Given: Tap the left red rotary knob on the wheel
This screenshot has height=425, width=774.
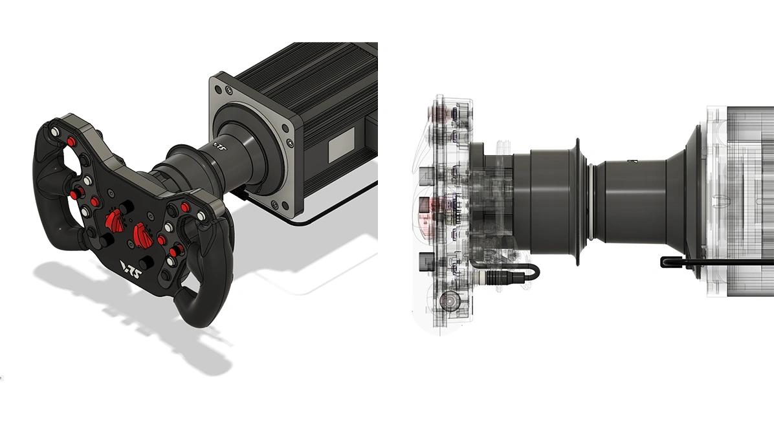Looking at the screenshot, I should point(115,222).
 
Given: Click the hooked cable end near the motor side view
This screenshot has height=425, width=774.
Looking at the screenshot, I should point(667,262).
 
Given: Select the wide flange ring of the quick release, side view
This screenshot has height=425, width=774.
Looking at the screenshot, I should point(576,201).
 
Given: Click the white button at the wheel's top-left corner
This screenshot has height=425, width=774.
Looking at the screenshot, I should point(55,132).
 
